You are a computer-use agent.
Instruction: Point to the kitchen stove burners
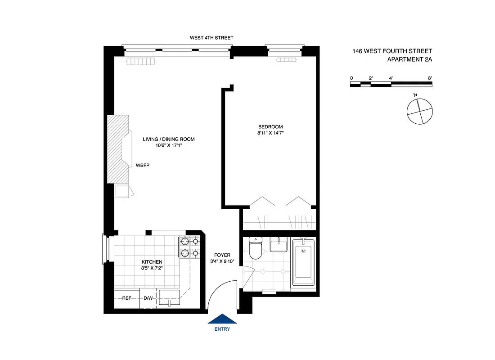(189, 247)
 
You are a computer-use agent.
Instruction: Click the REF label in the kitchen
(126, 298)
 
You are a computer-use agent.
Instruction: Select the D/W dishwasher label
(148, 298)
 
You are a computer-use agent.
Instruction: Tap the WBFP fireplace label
(142, 166)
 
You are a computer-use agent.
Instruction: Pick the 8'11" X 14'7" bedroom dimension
(270, 133)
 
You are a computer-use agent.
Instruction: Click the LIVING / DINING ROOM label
(169, 139)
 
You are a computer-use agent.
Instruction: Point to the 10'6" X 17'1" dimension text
(169, 145)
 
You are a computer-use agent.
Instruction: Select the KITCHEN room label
(152, 262)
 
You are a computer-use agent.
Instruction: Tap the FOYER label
(222, 255)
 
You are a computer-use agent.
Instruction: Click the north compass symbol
(419, 111)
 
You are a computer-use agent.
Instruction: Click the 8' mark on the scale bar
(430, 78)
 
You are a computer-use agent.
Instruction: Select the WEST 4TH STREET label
(211, 38)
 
